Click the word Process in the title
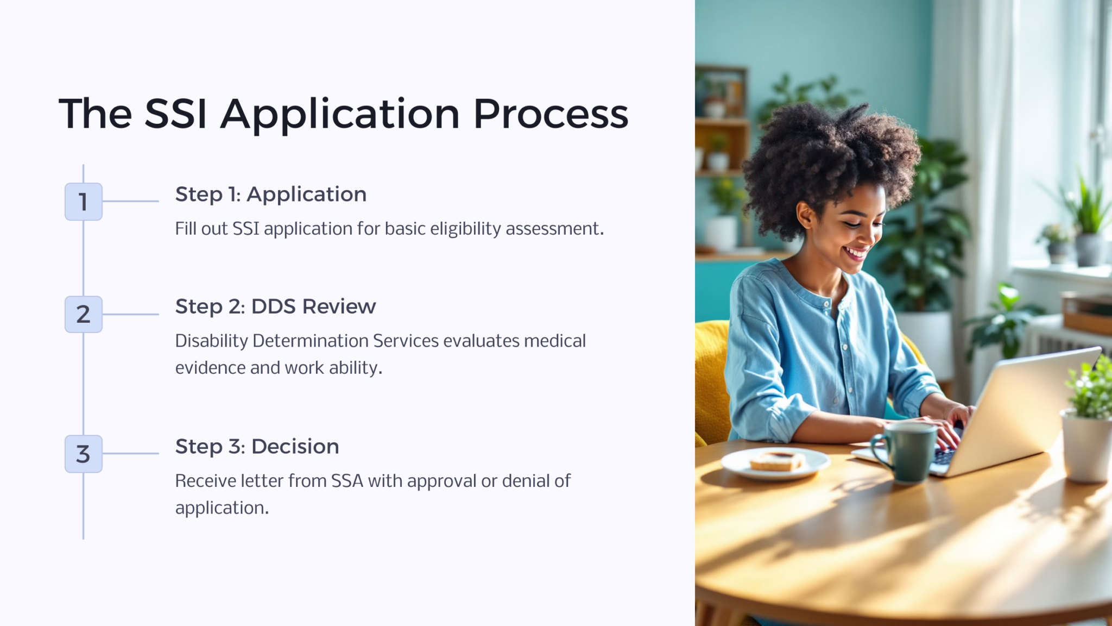[x=551, y=114]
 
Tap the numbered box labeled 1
[x=84, y=202]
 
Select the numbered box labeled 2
[x=84, y=314]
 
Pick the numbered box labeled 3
[x=84, y=454]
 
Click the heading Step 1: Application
[x=270, y=195]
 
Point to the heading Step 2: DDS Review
[x=275, y=306]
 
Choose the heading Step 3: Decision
[x=257, y=447]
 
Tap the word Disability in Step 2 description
[x=211, y=341]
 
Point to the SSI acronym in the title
[x=175, y=114]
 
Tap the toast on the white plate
[x=776, y=461]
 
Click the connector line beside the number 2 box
[x=130, y=314]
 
